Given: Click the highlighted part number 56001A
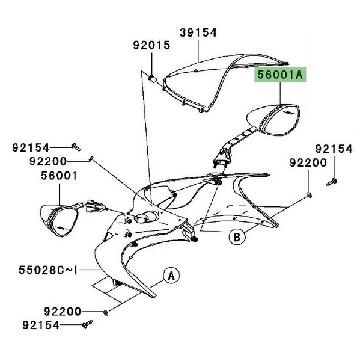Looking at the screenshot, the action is [280, 75].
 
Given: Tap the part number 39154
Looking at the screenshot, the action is [198, 32].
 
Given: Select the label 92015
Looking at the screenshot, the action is [151, 45].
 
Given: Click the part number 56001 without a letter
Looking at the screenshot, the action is [59, 176].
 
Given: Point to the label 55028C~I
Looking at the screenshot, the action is [48, 270].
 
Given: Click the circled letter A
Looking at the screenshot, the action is [171, 276].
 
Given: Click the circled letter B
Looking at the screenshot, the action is [237, 237].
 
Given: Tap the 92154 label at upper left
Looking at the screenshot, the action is [31, 147].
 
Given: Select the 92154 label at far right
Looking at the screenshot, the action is [334, 149].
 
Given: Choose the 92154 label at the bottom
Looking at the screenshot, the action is [41, 326].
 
